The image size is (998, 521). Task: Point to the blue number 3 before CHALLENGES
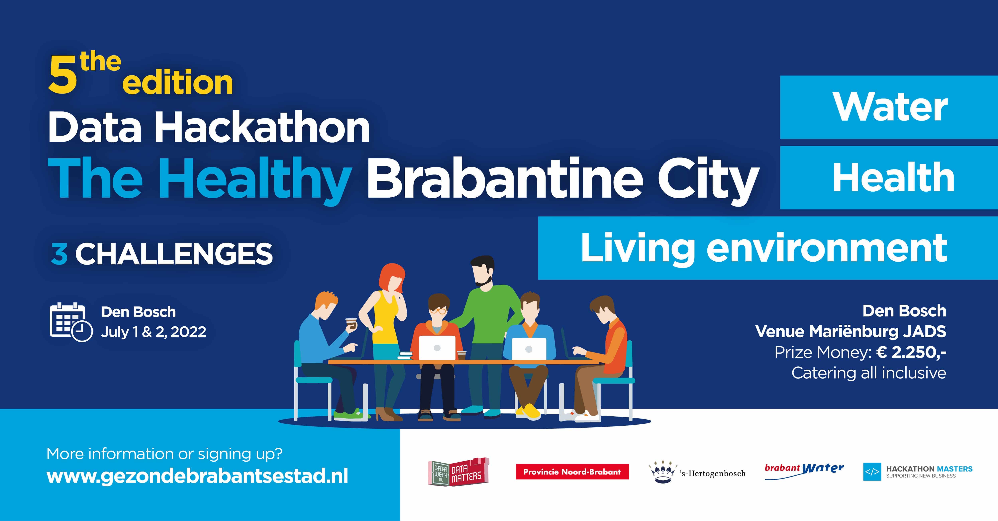coord(59,254)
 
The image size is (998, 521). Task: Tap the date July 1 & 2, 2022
coord(153,332)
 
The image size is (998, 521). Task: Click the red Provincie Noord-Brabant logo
coord(572,472)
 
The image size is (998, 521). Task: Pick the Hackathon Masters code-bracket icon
coord(872,472)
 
